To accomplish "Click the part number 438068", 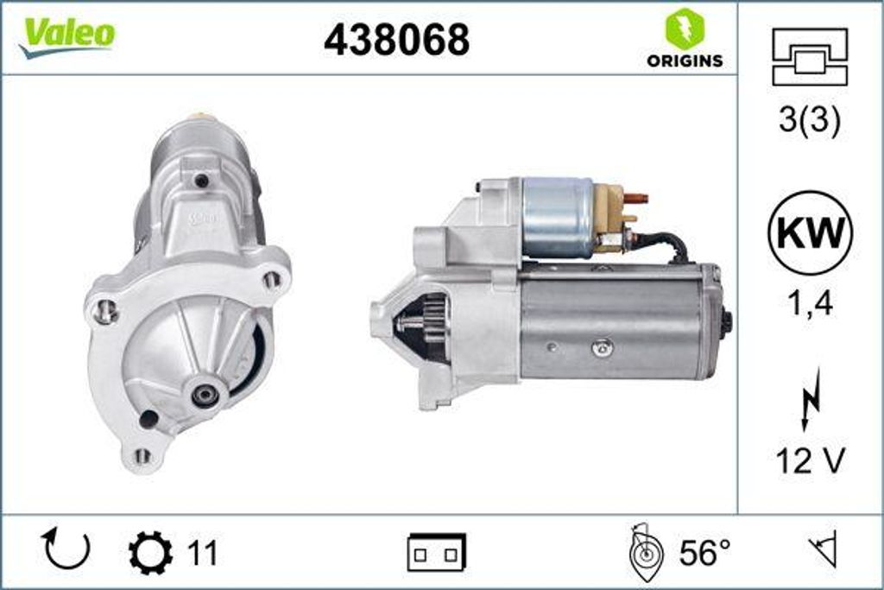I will click(x=397, y=39).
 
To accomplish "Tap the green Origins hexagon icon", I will click(x=684, y=29).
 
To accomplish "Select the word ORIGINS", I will click(x=685, y=60).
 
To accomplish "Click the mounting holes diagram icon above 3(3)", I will click(x=809, y=57).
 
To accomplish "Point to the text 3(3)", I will click(x=809, y=120).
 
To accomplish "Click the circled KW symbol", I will click(x=810, y=233).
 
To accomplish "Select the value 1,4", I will click(x=810, y=304).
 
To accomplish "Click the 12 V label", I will click(x=810, y=461).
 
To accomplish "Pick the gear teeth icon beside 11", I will click(x=150, y=552).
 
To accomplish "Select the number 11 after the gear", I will click(x=202, y=553).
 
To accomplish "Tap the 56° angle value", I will click(x=704, y=553).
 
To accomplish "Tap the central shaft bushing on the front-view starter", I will click(x=205, y=395).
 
